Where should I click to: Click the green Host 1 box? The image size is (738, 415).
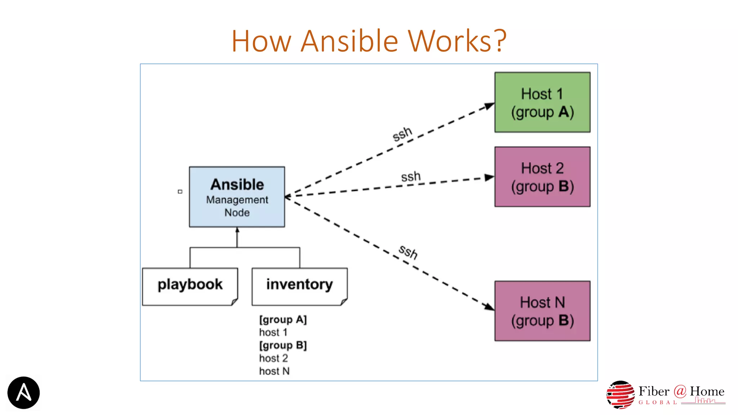point(542,102)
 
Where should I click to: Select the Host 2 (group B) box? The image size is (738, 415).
point(542,177)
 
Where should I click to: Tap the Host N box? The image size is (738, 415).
point(542,311)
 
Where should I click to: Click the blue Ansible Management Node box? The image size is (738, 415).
point(237,197)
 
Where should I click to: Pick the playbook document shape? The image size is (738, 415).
point(190,286)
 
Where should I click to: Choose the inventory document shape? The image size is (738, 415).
point(299,286)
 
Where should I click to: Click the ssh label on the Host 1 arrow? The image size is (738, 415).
point(402,134)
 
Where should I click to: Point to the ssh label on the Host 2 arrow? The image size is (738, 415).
point(411,177)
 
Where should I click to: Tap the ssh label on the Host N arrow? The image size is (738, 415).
point(408,251)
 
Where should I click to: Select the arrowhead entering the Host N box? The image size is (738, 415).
point(489,307)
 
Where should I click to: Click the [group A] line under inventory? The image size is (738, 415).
point(283,320)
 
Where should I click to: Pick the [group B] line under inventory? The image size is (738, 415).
point(283,345)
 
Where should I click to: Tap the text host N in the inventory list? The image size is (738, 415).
point(274,371)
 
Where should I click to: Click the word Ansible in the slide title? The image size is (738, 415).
point(349,41)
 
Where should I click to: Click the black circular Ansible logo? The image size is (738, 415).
point(23,393)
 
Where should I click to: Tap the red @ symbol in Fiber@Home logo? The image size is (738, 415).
point(680,391)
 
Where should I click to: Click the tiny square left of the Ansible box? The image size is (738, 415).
point(180,192)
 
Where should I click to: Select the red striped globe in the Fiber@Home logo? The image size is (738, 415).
point(620,395)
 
